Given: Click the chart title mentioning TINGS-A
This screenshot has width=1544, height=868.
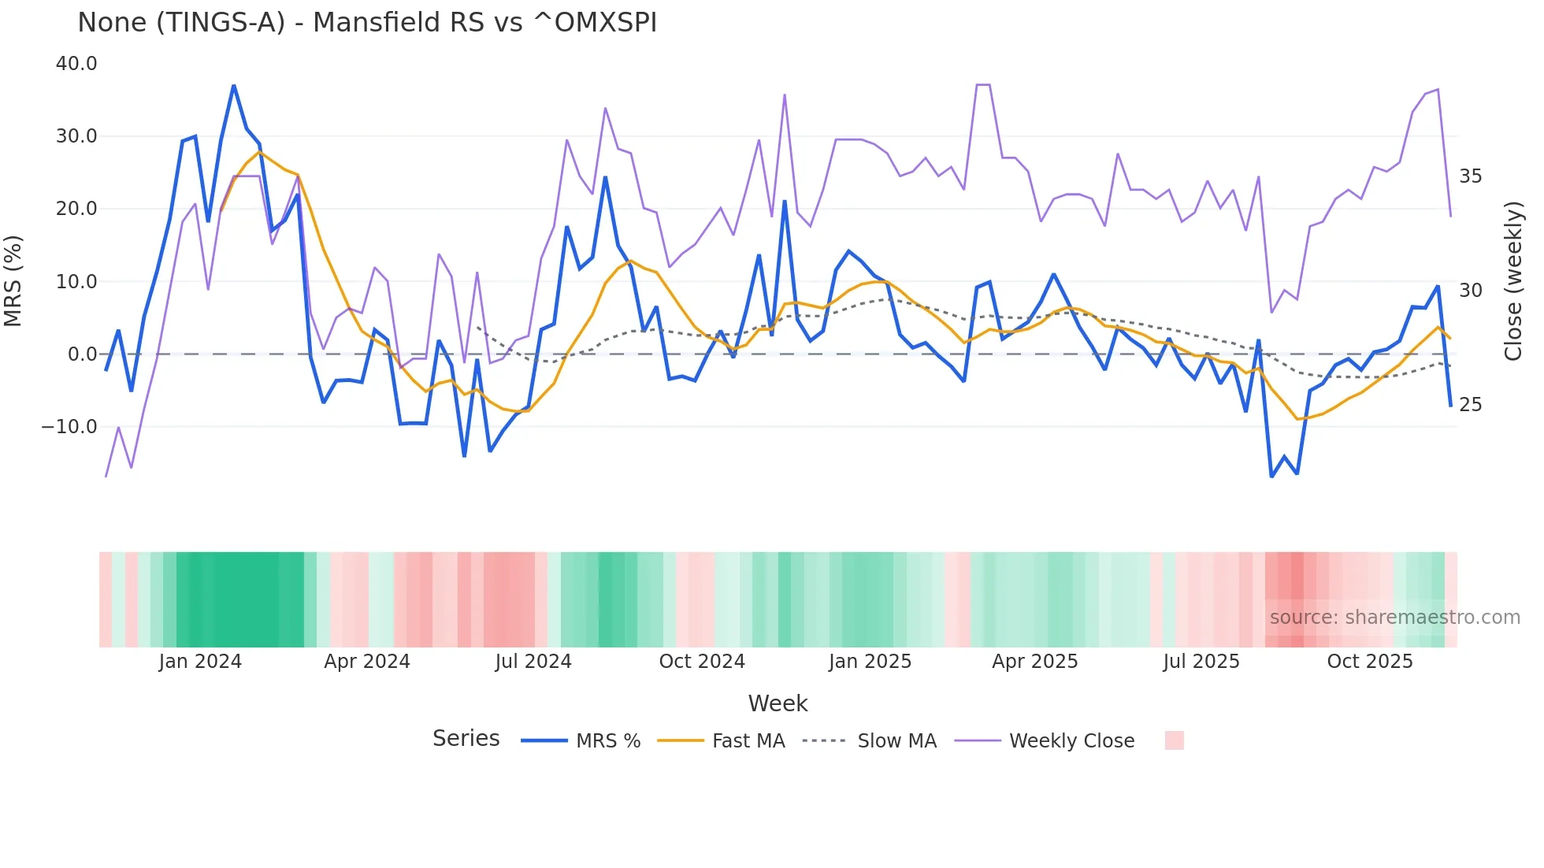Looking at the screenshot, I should [367, 23].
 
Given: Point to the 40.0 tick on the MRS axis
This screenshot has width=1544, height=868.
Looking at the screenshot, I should [76, 64].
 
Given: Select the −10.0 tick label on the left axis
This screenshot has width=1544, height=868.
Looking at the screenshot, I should [69, 427].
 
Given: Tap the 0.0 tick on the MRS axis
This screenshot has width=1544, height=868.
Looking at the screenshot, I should [82, 354].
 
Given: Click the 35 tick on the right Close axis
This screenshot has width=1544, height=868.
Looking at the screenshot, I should [1470, 176].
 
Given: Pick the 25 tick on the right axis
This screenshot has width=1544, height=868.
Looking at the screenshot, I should [1470, 405].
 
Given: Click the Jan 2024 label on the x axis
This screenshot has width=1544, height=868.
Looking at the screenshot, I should [200, 662].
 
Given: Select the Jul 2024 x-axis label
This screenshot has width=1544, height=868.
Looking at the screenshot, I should [533, 662].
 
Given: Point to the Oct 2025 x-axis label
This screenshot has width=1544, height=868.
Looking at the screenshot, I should [1370, 662].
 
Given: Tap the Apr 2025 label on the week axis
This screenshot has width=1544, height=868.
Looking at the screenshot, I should [1034, 662].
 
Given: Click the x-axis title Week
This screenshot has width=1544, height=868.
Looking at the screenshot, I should [778, 703].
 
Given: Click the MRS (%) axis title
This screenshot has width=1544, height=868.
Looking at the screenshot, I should [13, 281].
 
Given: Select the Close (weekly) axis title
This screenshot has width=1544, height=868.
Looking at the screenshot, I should [1512, 281].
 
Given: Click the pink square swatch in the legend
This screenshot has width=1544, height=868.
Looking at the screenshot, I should [1174, 740].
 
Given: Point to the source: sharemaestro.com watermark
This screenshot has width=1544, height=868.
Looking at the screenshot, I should [1394, 618].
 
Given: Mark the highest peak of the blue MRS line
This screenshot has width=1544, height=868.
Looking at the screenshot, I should [234, 85].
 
